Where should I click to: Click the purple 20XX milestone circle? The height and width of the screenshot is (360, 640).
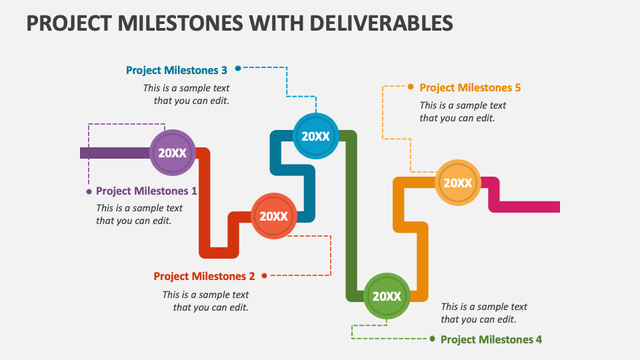click(172, 153)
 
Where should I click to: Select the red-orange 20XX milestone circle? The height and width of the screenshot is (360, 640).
click(273, 216)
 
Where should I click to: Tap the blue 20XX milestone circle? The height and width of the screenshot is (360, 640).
click(315, 136)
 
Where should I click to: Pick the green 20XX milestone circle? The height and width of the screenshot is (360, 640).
click(386, 297)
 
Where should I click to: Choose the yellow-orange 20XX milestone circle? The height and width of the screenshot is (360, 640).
click(458, 183)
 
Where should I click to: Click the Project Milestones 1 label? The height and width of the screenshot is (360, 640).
click(147, 191)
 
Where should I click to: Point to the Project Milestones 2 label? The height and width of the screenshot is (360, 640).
click(204, 276)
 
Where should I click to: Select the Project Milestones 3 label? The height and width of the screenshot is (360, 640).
click(177, 70)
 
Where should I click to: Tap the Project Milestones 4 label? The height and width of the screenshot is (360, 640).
click(491, 339)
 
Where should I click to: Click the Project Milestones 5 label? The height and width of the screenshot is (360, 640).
click(470, 87)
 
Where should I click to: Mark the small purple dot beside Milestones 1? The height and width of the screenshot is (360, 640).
click(89, 191)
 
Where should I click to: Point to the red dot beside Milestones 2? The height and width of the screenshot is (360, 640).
click(265, 275)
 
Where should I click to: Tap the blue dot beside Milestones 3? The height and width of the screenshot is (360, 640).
click(237, 68)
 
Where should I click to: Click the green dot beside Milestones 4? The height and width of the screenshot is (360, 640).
click(432, 339)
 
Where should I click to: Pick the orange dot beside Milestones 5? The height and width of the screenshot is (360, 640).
click(411, 87)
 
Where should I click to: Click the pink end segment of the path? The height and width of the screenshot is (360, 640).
click(527, 206)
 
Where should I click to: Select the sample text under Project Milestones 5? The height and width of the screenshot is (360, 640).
click(462, 111)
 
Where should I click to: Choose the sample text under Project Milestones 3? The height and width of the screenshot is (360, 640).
click(187, 94)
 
